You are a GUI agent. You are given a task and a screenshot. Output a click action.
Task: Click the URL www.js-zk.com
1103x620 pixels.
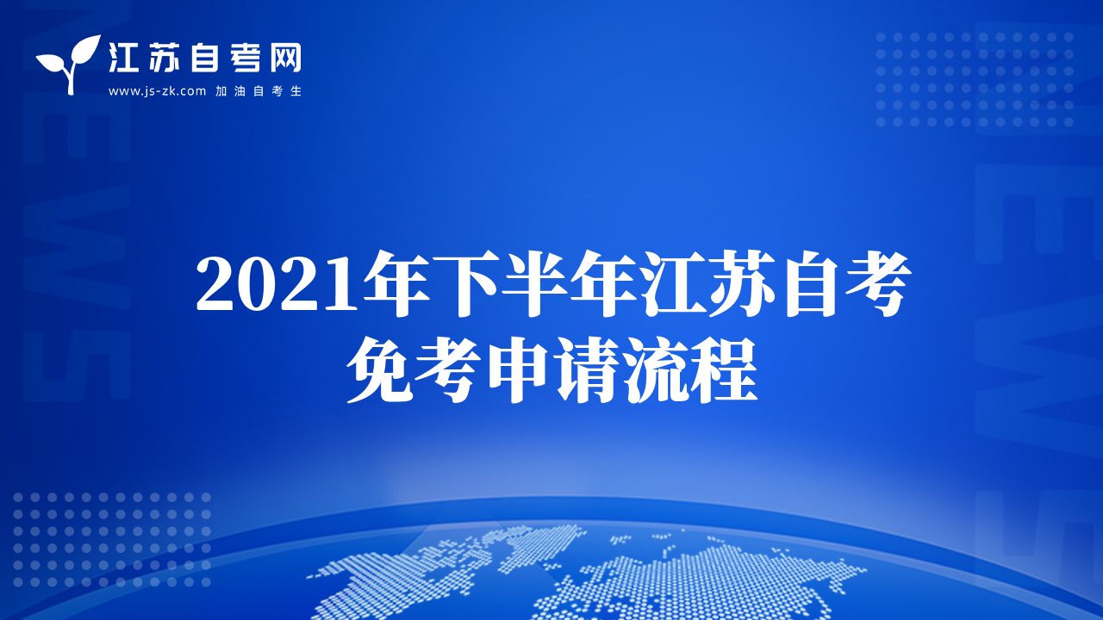157,91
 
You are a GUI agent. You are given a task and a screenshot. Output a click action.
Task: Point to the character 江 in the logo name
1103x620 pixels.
123,57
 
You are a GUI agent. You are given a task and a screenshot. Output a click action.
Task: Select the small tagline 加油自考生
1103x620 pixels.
259,91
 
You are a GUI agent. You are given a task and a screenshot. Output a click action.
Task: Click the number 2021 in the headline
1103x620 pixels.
277,285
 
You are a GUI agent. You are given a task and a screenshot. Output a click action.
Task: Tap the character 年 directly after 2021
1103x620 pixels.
396,283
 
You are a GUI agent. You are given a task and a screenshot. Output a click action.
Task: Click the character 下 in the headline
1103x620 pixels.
465,283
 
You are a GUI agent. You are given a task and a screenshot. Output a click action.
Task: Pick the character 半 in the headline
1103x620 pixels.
534,283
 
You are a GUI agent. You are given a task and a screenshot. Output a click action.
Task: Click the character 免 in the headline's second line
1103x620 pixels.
380,370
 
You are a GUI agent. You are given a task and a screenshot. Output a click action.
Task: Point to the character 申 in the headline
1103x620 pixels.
518,370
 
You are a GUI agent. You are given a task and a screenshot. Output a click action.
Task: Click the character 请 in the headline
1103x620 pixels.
586,370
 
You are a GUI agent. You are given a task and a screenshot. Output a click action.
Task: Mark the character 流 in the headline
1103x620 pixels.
655,370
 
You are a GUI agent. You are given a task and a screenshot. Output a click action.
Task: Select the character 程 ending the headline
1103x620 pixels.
724,370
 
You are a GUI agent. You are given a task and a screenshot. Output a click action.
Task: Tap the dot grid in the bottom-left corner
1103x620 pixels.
112,540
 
